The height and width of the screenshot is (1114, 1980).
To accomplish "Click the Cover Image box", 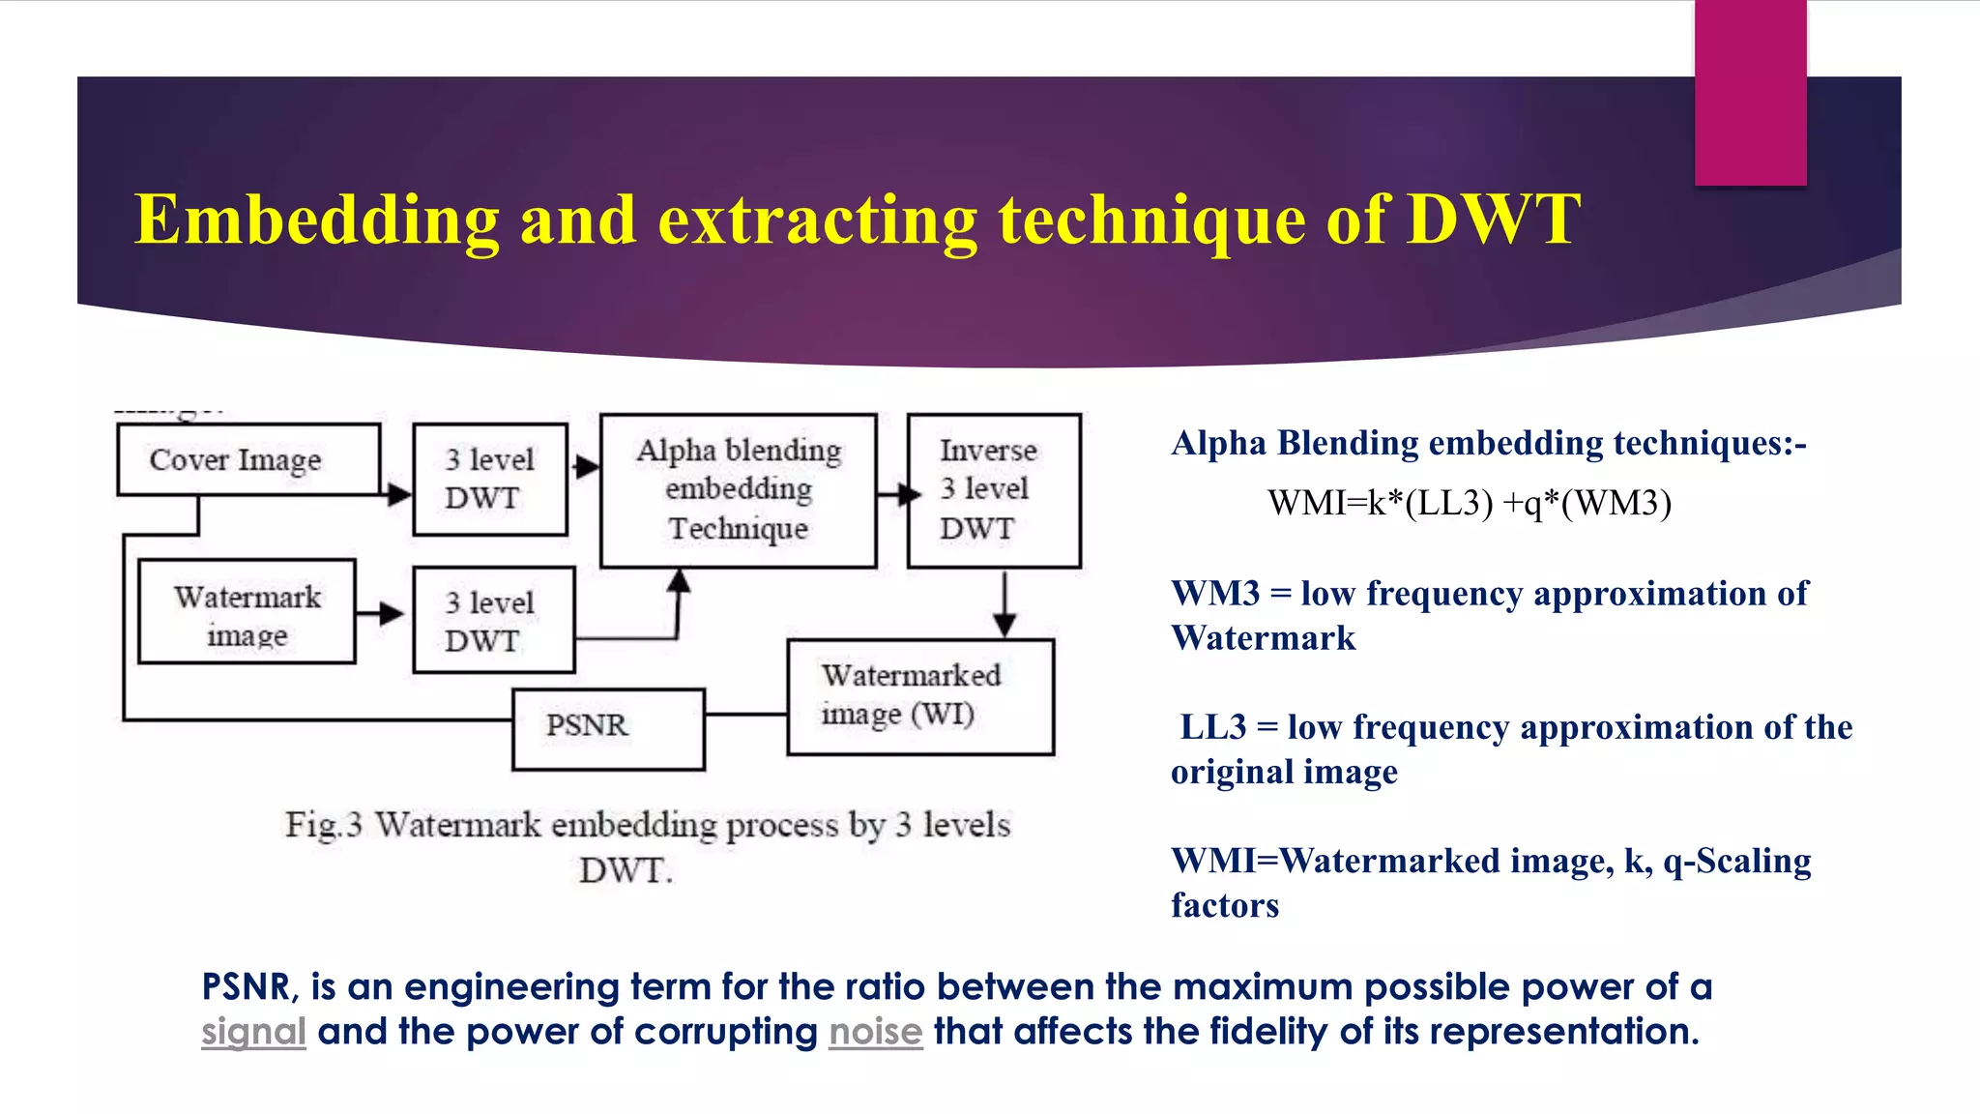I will click(x=248, y=459).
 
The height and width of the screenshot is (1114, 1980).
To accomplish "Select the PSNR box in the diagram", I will click(x=608, y=728).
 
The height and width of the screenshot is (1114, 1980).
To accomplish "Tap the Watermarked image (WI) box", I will click(x=920, y=696).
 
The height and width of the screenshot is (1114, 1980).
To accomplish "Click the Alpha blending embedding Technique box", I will click(x=739, y=490).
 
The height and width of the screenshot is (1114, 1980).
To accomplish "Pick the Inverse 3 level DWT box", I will click(x=994, y=490).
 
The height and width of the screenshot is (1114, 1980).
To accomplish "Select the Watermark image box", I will click(x=247, y=611).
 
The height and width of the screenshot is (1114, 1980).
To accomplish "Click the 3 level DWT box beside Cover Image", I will click(x=490, y=479).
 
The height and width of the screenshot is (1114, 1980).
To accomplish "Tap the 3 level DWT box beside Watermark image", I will click(x=493, y=620).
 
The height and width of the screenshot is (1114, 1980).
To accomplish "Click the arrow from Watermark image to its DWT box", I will click(x=380, y=613).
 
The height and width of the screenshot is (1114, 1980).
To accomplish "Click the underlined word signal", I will click(x=253, y=1032).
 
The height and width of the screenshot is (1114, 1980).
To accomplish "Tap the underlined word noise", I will click(x=875, y=1032).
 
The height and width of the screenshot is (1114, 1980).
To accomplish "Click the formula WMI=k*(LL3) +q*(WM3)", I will click(x=1469, y=503).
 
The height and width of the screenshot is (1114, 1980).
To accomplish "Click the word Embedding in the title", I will click(x=316, y=220).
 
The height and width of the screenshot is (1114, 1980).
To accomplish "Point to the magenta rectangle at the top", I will click(x=1750, y=93).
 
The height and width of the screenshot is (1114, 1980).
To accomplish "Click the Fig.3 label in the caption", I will click(x=323, y=825).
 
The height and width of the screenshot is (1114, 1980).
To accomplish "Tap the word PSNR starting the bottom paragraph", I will click(x=245, y=987).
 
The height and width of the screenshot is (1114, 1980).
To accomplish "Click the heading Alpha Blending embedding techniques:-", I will click(x=1488, y=443).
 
